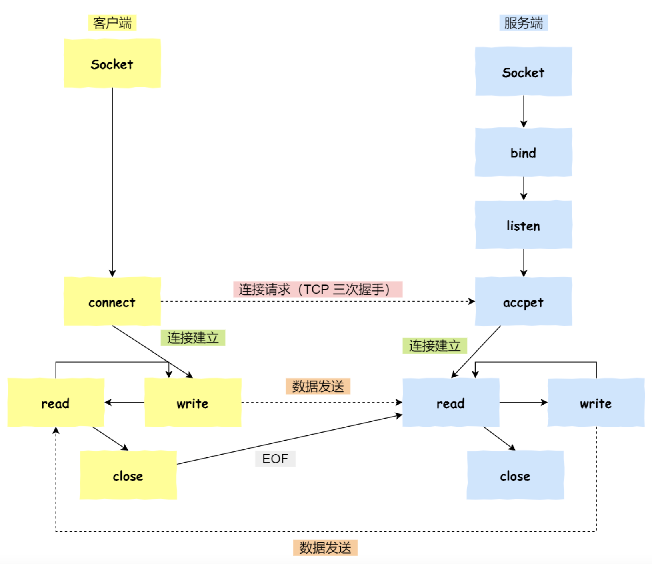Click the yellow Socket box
[112, 63]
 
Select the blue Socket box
[524, 72]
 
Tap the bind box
[524, 152]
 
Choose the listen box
[524, 225]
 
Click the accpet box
[524, 301]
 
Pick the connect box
[112, 301]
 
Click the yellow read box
[56, 402]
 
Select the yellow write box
[193, 402]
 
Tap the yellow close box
[128, 475]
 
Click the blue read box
[451, 402]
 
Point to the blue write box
[596, 402]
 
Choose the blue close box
[515, 475]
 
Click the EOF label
[275, 459]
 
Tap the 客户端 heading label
[112, 23]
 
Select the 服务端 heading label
[524, 23]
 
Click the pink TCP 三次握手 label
[318, 289]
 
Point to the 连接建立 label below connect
[193, 338]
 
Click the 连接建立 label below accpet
[435, 346]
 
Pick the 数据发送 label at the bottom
[325, 548]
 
